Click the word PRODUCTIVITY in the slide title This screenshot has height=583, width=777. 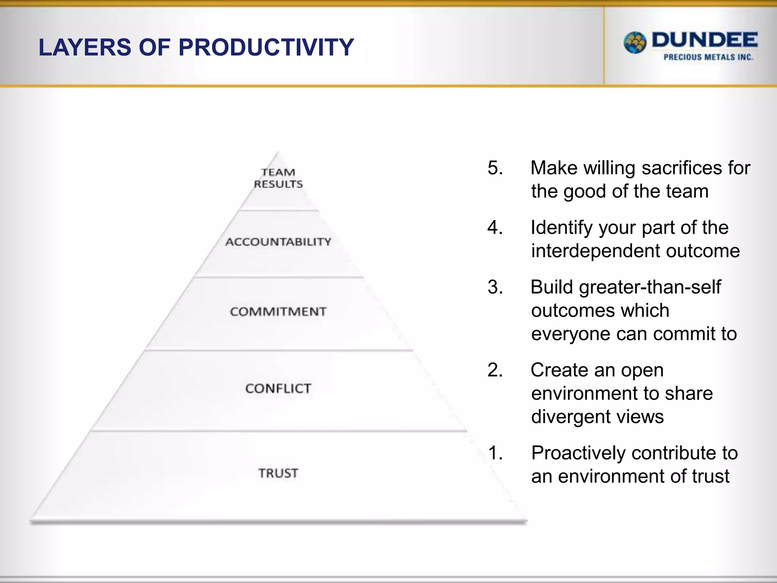pyautogui.click(x=266, y=47)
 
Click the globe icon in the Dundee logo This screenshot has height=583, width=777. pyautogui.click(x=635, y=43)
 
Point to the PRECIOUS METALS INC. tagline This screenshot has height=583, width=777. pyautogui.click(x=708, y=57)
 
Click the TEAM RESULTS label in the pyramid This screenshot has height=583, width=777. pyautogui.click(x=278, y=178)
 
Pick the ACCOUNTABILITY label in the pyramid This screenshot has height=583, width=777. pyautogui.click(x=278, y=242)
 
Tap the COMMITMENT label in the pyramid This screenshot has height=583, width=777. pyautogui.click(x=278, y=312)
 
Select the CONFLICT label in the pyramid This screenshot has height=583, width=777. pyautogui.click(x=278, y=388)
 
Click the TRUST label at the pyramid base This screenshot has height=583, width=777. pyautogui.click(x=278, y=473)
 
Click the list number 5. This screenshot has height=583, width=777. pyautogui.click(x=495, y=168)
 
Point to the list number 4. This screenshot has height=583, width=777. pyautogui.click(x=495, y=227)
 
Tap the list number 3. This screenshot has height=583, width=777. pyautogui.click(x=495, y=287)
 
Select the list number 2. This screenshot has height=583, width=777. pyautogui.click(x=495, y=370)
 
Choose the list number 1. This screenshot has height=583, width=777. pyautogui.click(x=495, y=453)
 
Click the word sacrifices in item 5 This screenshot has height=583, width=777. pyautogui.click(x=681, y=168)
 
